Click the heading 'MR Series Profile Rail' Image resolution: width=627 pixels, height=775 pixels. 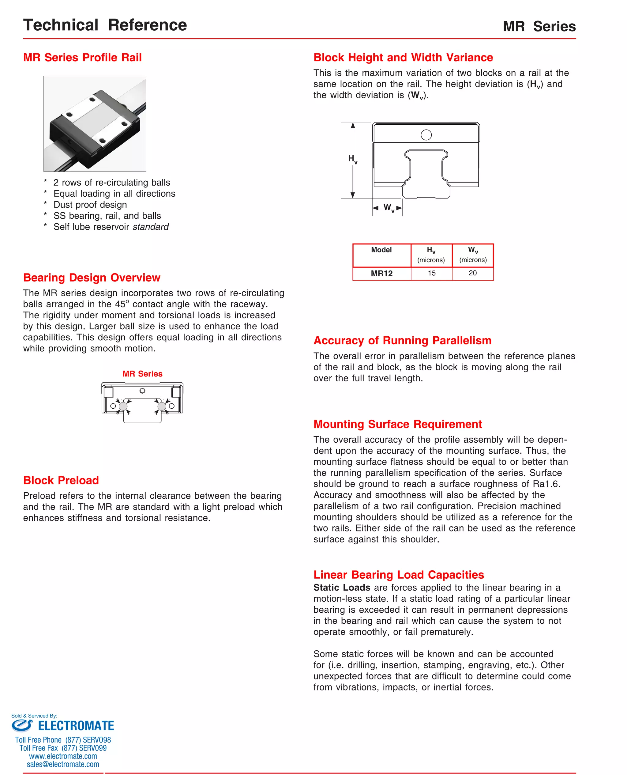tap(82, 58)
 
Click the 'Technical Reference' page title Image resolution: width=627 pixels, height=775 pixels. tap(105, 25)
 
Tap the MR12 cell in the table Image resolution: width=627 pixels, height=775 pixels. tap(381, 274)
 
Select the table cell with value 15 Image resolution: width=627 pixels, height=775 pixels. tap(432, 274)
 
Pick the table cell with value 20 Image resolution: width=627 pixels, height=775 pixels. tap(472, 274)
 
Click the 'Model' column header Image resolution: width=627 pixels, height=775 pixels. tap(381, 250)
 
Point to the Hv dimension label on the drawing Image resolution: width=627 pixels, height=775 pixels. tap(352, 159)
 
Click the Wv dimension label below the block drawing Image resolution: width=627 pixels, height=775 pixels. tap(388, 208)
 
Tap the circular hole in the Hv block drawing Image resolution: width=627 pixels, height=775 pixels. tap(426, 135)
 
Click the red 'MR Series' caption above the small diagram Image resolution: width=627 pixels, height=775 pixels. tap(142, 374)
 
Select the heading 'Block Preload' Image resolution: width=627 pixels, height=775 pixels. tap(61, 480)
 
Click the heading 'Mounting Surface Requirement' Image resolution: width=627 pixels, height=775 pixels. tap(398, 424)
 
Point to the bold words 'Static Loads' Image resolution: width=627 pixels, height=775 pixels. tap(342, 588)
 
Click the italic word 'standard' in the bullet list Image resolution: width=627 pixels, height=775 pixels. tap(151, 227)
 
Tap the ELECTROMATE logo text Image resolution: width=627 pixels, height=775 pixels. tap(76, 726)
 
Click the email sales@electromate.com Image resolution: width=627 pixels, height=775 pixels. tap(63, 764)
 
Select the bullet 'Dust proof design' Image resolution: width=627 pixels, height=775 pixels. tap(90, 205)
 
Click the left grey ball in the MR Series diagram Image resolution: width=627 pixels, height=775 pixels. tap(123, 406)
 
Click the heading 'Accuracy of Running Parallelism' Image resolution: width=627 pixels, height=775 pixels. tap(402, 340)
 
